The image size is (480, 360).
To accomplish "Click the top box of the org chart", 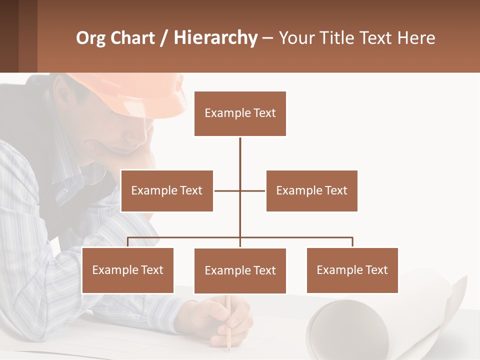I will pyautogui.click(x=240, y=113).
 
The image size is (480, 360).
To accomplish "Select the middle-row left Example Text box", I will pyautogui.click(x=167, y=190).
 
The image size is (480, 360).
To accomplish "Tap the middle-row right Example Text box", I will pyautogui.click(x=311, y=190).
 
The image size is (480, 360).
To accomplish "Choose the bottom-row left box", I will pyautogui.click(x=127, y=270).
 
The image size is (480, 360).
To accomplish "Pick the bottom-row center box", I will pyautogui.click(x=240, y=270).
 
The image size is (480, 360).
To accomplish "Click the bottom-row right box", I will pyautogui.click(x=352, y=270).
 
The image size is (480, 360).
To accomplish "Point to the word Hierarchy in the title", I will pyautogui.click(x=215, y=38).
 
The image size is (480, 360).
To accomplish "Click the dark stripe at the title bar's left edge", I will pyautogui.click(x=9, y=36).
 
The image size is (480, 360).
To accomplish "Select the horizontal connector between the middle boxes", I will pyautogui.click(x=239, y=190).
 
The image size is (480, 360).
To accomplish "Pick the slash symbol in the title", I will pyautogui.click(x=164, y=38).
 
